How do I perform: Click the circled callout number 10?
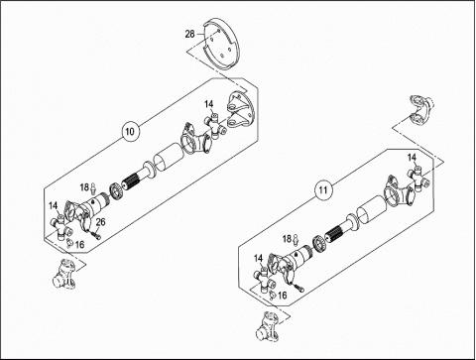tap(131, 132)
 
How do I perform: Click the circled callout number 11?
tap(323, 189)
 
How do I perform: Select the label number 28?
tap(189, 34)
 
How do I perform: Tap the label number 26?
tap(100, 221)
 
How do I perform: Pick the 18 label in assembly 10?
tap(84, 187)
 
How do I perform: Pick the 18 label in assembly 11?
tap(287, 238)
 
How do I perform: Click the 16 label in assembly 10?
tap(79, 245)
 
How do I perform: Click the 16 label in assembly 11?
tap(282, 296)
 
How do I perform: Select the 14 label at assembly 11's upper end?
tap(412, 158)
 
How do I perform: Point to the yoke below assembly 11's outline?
tap(269, 325)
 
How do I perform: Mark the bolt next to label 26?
tap(96, 235)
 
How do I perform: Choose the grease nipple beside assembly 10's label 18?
tap(93, 188)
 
